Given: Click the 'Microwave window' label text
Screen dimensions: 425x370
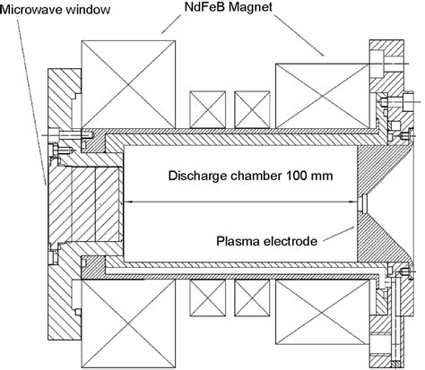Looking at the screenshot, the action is pos(56,10).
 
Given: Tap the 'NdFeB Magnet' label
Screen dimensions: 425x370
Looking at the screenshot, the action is pos(229,7).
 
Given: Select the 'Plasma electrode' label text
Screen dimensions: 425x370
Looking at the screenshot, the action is pos(266,241).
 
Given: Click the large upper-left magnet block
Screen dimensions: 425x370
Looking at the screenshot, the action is pos(128,84).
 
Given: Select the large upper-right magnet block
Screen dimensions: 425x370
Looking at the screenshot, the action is pos(322,96).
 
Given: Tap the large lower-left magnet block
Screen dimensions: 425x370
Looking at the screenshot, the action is pos(128,323).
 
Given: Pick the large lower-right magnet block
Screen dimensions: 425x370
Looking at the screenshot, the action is pos(322,313).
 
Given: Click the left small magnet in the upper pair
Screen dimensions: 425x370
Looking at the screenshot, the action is pos(208,109).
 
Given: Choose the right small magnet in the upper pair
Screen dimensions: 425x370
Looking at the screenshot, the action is pos(252,109).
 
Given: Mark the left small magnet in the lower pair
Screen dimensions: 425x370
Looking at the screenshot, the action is pos(208,298).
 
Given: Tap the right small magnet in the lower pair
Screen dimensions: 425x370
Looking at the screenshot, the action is pos(252,298).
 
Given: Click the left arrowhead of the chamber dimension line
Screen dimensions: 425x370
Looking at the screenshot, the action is pos(127,202).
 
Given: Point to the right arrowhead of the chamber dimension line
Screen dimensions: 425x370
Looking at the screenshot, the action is pos(353,202).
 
